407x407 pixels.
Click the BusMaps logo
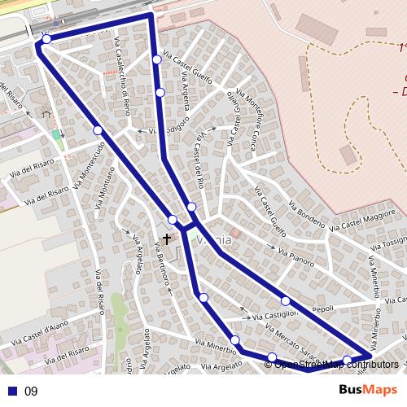368,390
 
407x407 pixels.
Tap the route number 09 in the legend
31,391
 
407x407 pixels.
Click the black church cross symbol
167,239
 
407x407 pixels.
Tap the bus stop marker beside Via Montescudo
98,130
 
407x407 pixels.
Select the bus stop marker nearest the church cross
173,220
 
